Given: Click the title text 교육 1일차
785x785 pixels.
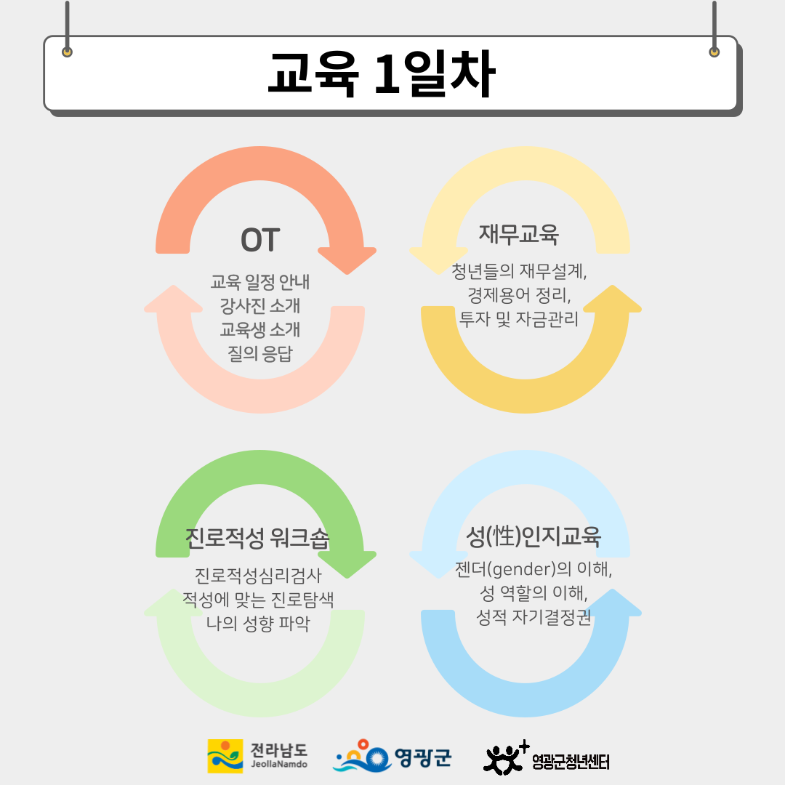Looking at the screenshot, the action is (382, 74).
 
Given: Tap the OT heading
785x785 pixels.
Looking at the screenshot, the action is (259, 241).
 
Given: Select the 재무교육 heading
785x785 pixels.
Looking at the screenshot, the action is (519, 234).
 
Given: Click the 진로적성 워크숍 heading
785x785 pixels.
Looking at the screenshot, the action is (257, 538).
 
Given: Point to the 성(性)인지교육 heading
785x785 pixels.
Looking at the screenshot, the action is (534, 536).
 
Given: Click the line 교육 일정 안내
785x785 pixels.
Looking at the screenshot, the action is (259, 282).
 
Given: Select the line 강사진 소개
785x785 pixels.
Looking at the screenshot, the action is (259, 305).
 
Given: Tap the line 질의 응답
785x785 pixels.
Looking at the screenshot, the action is (259, 353).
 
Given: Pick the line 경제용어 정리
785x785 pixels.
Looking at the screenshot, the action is (519, 295).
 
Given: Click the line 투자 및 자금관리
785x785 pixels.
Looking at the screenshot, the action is (519, 319).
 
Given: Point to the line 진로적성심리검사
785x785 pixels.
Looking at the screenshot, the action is (258, 576).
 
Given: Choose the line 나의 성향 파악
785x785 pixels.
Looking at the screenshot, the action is (258, 624).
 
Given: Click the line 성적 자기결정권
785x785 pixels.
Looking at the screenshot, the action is (534, 617).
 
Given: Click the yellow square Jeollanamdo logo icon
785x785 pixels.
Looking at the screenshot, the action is (225, 756).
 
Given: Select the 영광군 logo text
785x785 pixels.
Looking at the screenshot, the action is (423, 757).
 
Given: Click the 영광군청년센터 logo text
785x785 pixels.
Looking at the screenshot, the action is (571, 762).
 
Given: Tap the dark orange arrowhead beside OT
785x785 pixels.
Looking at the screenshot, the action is (347, 260).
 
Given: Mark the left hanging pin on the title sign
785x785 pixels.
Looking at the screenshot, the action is (67, 52).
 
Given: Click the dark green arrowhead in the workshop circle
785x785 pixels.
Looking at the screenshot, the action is (347, 564).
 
